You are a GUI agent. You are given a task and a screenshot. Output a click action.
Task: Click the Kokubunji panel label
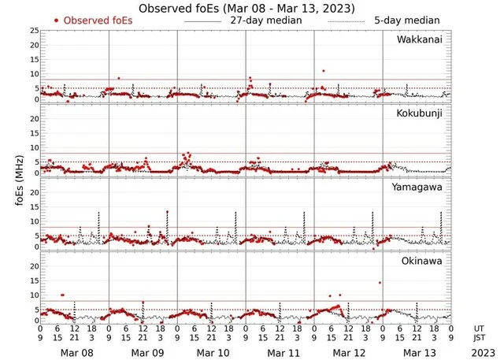[x=421, y=114]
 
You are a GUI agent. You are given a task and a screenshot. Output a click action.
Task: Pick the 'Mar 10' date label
[x=211, y=354]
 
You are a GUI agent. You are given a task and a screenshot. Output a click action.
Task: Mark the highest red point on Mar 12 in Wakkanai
[x=323, y=71]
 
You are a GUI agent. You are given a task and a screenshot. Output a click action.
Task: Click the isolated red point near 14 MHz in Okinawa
[x=380, y=283]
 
